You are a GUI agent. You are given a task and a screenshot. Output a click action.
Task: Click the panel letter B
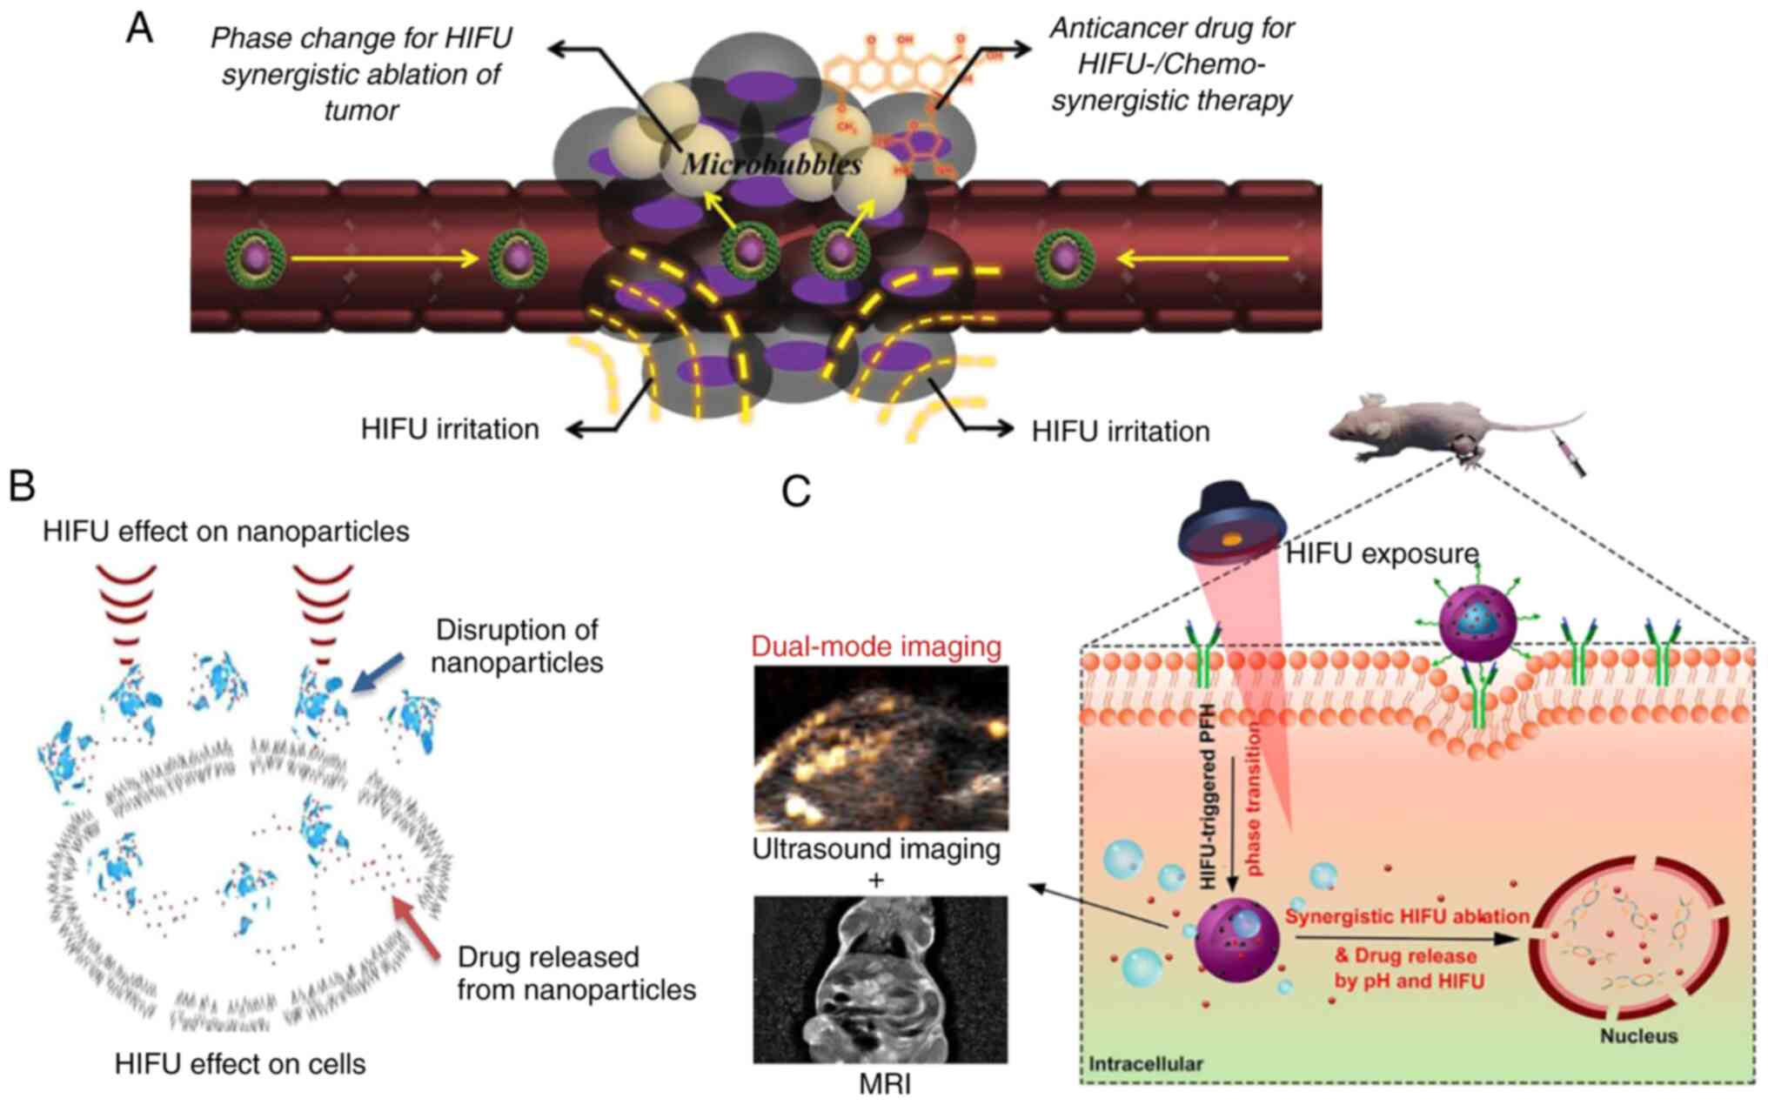(22, 486)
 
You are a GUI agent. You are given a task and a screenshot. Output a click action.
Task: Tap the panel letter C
(796, 492)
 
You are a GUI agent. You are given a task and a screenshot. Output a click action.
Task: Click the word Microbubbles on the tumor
(772, 164)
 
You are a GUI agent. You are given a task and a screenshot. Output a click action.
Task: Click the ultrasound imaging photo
(881, 747)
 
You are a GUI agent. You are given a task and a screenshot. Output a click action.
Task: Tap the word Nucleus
(1638, 1036)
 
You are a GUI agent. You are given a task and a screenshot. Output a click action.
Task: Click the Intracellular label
(1145, 1063)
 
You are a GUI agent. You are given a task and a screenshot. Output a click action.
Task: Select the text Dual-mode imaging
(876, 646)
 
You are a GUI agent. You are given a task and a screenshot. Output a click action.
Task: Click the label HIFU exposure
(1382, 553)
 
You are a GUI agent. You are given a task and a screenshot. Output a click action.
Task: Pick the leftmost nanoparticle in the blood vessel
(256, 258)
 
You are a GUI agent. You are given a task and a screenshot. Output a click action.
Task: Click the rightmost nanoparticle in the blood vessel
(1064, 258)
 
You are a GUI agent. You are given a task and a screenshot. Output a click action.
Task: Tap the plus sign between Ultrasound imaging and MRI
(876, 881)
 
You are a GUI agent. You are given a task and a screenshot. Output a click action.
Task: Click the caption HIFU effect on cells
(240, 1063)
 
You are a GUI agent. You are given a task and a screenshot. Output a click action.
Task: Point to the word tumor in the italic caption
(361, 110)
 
